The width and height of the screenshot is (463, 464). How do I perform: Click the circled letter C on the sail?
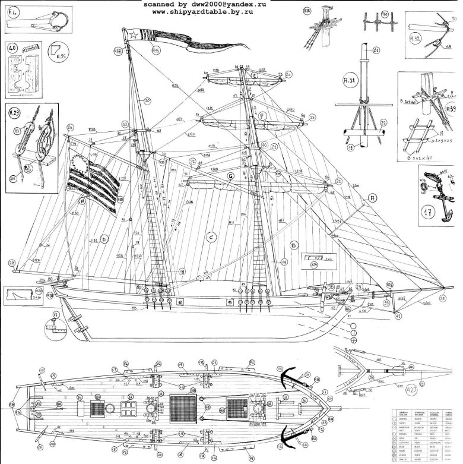click(211, 236)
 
